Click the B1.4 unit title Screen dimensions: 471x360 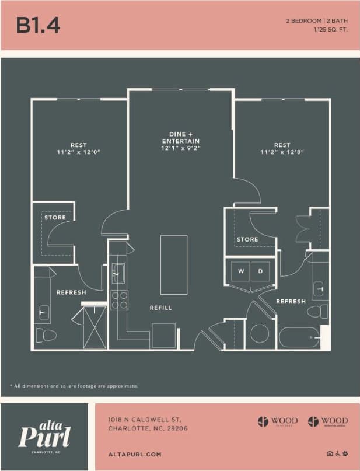click(38, 25)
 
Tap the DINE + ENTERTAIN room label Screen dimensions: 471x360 click(180, 141)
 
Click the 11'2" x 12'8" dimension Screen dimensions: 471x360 click(282, 152)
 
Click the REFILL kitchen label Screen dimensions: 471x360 click(160, 308)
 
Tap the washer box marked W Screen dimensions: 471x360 click(240, 271)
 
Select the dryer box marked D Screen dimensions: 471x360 click(260, 271)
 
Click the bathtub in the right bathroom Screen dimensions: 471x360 click(298, 337)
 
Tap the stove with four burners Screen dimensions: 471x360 click(120, 300)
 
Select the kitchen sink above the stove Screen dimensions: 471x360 click(118, 273)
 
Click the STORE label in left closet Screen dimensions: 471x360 click(55, 218)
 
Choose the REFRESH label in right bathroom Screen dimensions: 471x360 click(291, 301)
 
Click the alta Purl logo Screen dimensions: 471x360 click(45, 435)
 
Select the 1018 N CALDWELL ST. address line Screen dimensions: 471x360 click(145, 420)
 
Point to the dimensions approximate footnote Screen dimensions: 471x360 click(74, 386)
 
